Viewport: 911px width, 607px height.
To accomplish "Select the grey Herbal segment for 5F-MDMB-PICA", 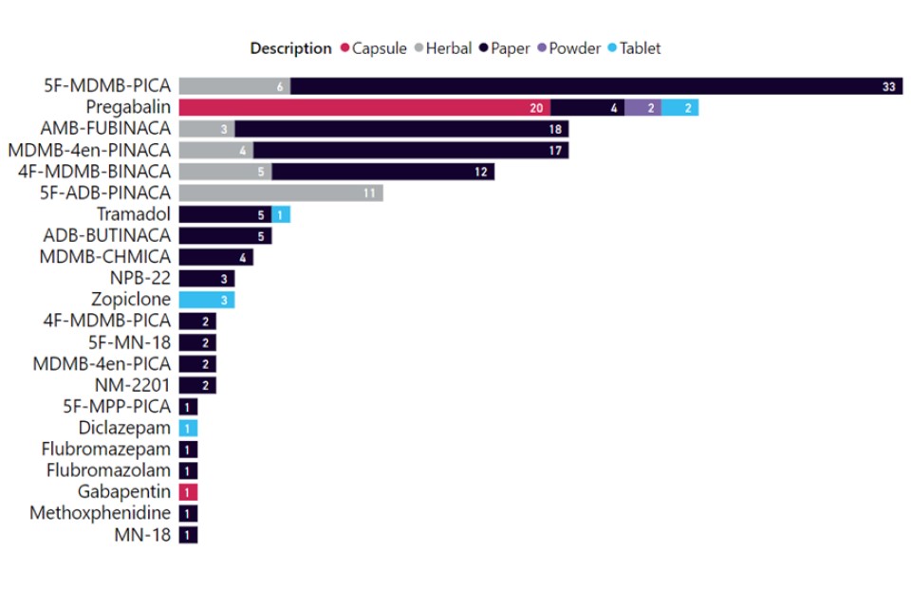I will (x=234, y=86).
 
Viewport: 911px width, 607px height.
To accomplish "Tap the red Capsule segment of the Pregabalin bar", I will (x=364, y=107).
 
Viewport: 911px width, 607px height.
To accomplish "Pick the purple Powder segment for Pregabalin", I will (x=642, y=107).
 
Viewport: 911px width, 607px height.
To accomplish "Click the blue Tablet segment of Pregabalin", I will (x=679, y=107).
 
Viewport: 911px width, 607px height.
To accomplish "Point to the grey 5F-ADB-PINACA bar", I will (x=281, y=193).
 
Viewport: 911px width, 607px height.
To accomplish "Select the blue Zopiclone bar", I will (x=207, y=300).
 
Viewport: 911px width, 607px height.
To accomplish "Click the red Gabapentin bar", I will (x=188, y=492).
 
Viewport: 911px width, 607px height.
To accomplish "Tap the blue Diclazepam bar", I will (x=188, y=428).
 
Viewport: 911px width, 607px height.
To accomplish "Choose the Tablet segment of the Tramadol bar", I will (x=281, y=214).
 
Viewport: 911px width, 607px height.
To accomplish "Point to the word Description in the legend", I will (x=290, y=48).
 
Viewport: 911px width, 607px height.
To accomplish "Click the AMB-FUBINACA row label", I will (x=105, y=129).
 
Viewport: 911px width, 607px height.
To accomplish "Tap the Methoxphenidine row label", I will (x=101, y=513).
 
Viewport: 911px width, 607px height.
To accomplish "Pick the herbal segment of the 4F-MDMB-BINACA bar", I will (x=225, y=172).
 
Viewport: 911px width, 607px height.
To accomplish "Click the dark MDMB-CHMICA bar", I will (x=215, y=257).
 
